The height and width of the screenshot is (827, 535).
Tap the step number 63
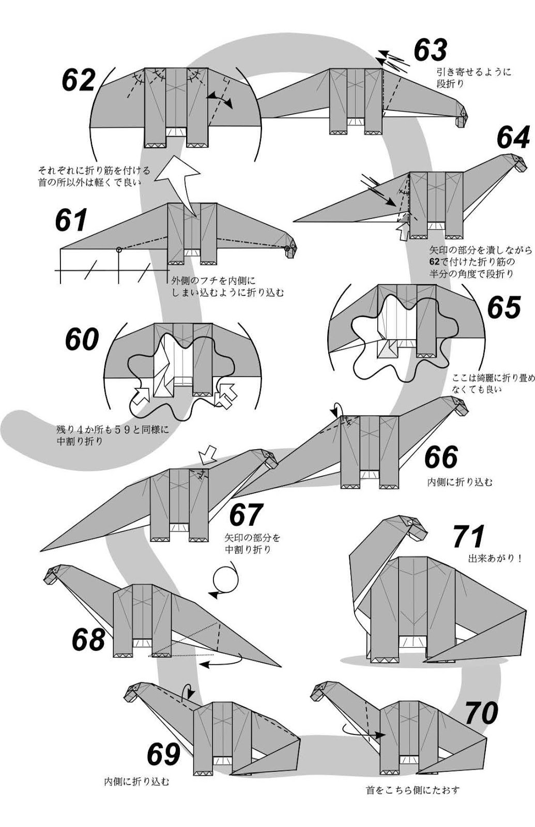tap(430, 50)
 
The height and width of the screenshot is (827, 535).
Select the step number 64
tap(513, 137)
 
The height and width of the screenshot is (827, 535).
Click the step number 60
tap(82, 340)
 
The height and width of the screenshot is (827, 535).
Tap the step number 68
tap(88, 639)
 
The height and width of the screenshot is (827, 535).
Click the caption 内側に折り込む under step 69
tap(136, 782)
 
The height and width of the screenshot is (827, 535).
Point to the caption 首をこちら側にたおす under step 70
tap(412, 790)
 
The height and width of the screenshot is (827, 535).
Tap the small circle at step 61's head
tap(287, 249)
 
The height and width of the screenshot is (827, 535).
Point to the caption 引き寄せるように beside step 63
tap(473, 72)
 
